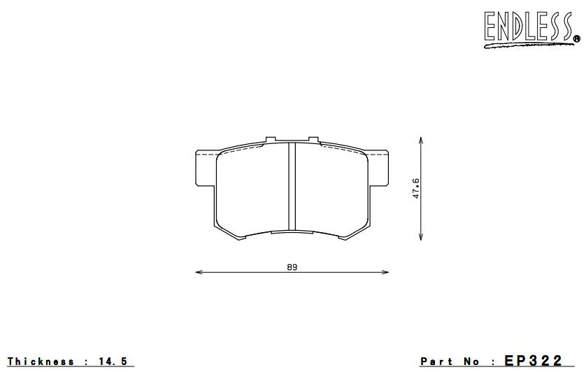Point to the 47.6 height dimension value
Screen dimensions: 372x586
(x=416, y=189)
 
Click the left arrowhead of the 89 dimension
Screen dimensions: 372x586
(x=196, y=272)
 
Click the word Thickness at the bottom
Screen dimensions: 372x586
(x=41, y=362)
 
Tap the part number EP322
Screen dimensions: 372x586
(x=533, y=361)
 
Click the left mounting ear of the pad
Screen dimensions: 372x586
(x=204, y=168)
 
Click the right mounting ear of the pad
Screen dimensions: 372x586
(x=380, y=168)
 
